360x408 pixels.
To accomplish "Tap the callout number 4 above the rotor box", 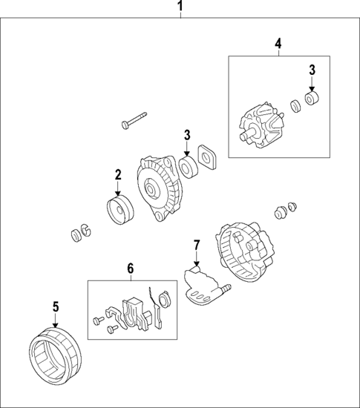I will pos(278,44).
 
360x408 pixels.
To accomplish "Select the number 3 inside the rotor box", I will pos(312,70).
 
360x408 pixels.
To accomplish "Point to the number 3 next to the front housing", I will pos(187,135).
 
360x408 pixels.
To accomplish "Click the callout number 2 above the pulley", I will pos(117,175).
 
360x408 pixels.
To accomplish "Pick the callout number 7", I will pos(196,244).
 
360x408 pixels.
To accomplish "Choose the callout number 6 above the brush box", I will pos(131,268).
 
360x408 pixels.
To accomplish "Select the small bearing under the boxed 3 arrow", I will pos(312,99).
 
